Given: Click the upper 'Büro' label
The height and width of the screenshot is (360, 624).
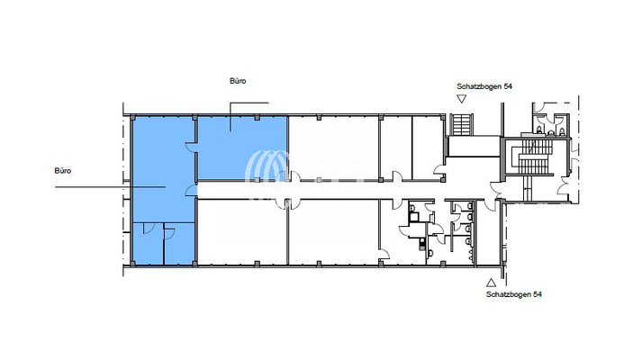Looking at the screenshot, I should pyautogui.click(x=238, y=81).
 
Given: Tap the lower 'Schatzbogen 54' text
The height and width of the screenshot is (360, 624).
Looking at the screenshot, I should pyautogui.click(x=512, y=294).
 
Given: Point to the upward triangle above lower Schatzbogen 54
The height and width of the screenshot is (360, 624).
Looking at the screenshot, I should pyautogui.click(x=490, y=282).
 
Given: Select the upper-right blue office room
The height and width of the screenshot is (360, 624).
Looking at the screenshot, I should pyautogui.click(x=242, y=147).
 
